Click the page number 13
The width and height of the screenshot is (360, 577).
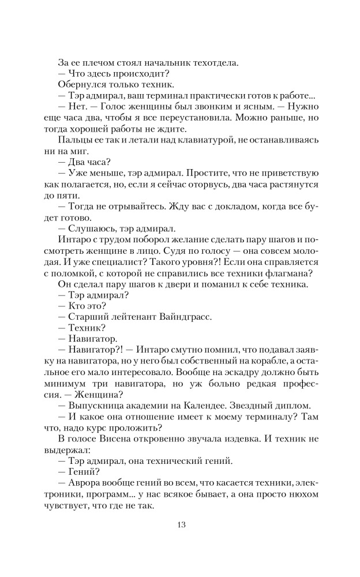pos(180,524)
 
